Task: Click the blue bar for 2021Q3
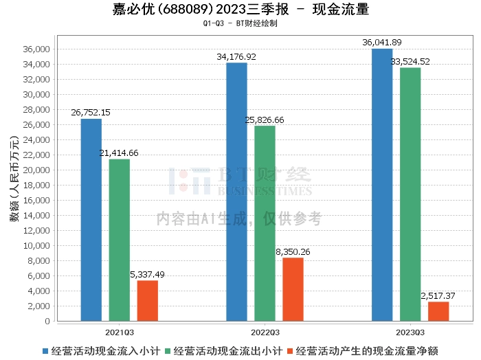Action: (91, 220)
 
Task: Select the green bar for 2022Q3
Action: (265, 223)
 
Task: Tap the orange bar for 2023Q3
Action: (438, 311)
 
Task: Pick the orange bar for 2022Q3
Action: (293, 289)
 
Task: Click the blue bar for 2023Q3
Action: (382, 185)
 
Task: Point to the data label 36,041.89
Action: (382, 43)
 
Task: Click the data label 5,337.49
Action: (147, 274)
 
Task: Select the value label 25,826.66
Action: (265, 120)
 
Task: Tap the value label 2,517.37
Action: (438, 296)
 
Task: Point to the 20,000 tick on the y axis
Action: (36, 170)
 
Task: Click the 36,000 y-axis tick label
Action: (36, 49)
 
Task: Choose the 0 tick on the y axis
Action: (47, 322)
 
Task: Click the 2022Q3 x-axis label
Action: (265, 333)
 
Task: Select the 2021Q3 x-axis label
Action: (120, 333)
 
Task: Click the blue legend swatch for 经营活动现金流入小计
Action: (45, 351)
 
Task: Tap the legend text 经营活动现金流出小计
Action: (228, 351)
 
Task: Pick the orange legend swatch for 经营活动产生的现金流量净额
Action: (290, 351)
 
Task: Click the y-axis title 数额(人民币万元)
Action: (14, 179)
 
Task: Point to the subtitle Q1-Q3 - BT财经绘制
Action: (240, 23)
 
